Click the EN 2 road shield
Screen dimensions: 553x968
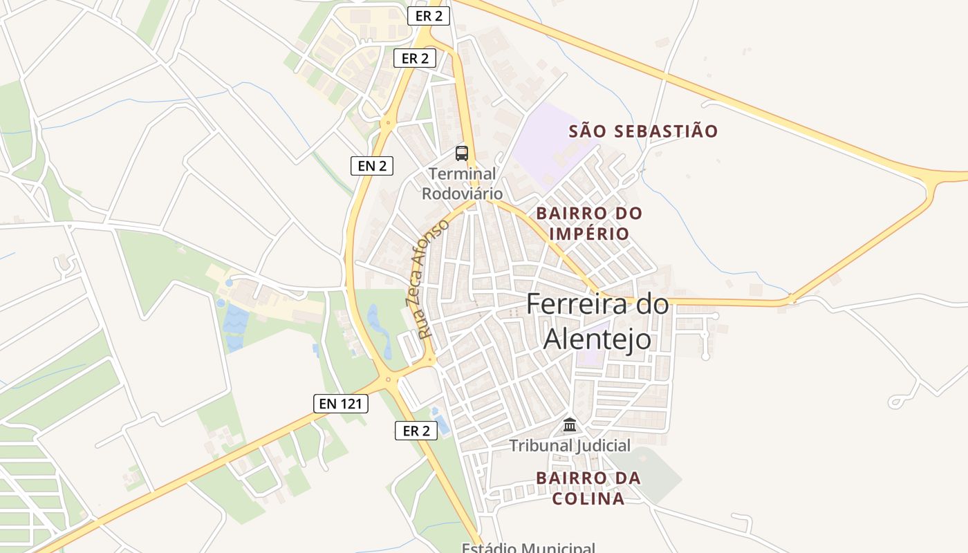[372, 166]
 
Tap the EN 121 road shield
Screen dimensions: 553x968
[341, 404]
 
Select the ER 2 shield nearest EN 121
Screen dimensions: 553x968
[416, 431]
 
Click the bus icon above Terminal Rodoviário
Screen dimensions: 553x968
[462, 153]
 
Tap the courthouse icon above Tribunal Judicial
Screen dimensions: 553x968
[570, 424]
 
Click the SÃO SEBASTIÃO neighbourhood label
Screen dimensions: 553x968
[644, 131]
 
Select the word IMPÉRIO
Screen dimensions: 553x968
[590, 234]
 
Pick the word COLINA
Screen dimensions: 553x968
[590, 498]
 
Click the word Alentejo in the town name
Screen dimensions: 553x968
[597, 339]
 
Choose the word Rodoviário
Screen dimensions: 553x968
[463, 194]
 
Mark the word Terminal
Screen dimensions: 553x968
[463, 174]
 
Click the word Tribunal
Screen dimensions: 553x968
[537, 446]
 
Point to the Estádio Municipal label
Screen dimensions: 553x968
[528, 547]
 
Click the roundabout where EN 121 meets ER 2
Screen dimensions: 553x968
[388, 378]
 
